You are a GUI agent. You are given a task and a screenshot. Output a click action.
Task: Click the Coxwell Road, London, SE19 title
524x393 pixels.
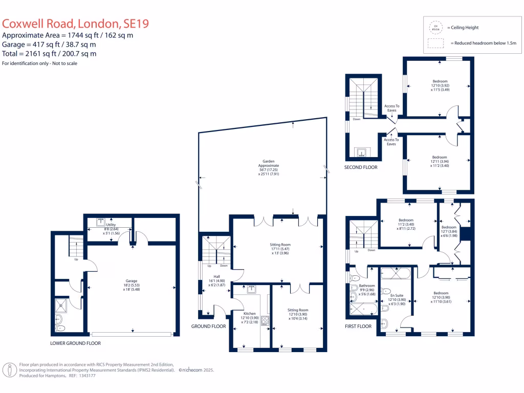pos(76,24)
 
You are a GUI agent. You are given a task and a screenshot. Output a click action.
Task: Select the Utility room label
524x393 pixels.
pos(111,225)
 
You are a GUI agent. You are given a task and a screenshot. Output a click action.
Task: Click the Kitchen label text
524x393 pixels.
pos(249,314)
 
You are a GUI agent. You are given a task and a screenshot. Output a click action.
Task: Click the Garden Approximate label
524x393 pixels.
pos(269,166)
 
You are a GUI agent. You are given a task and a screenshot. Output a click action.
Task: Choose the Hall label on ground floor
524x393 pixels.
pos(216,276)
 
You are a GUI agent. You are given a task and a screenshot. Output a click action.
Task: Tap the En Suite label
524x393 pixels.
pos(397,296)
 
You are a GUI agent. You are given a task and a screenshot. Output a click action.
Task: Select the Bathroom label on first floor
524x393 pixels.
pos(367,286)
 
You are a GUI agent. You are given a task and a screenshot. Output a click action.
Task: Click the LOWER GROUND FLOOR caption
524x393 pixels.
pos(75,343)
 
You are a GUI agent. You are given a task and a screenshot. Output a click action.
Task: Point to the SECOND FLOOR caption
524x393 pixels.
pos(361,167)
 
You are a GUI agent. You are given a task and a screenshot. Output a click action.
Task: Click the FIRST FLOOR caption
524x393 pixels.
pos(358,326)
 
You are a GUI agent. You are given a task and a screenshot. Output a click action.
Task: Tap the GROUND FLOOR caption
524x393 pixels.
pos(208,326)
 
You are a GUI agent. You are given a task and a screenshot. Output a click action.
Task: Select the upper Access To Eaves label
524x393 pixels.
pos(391,108)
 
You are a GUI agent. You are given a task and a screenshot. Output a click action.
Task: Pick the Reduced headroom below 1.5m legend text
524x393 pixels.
pos(484,43)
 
